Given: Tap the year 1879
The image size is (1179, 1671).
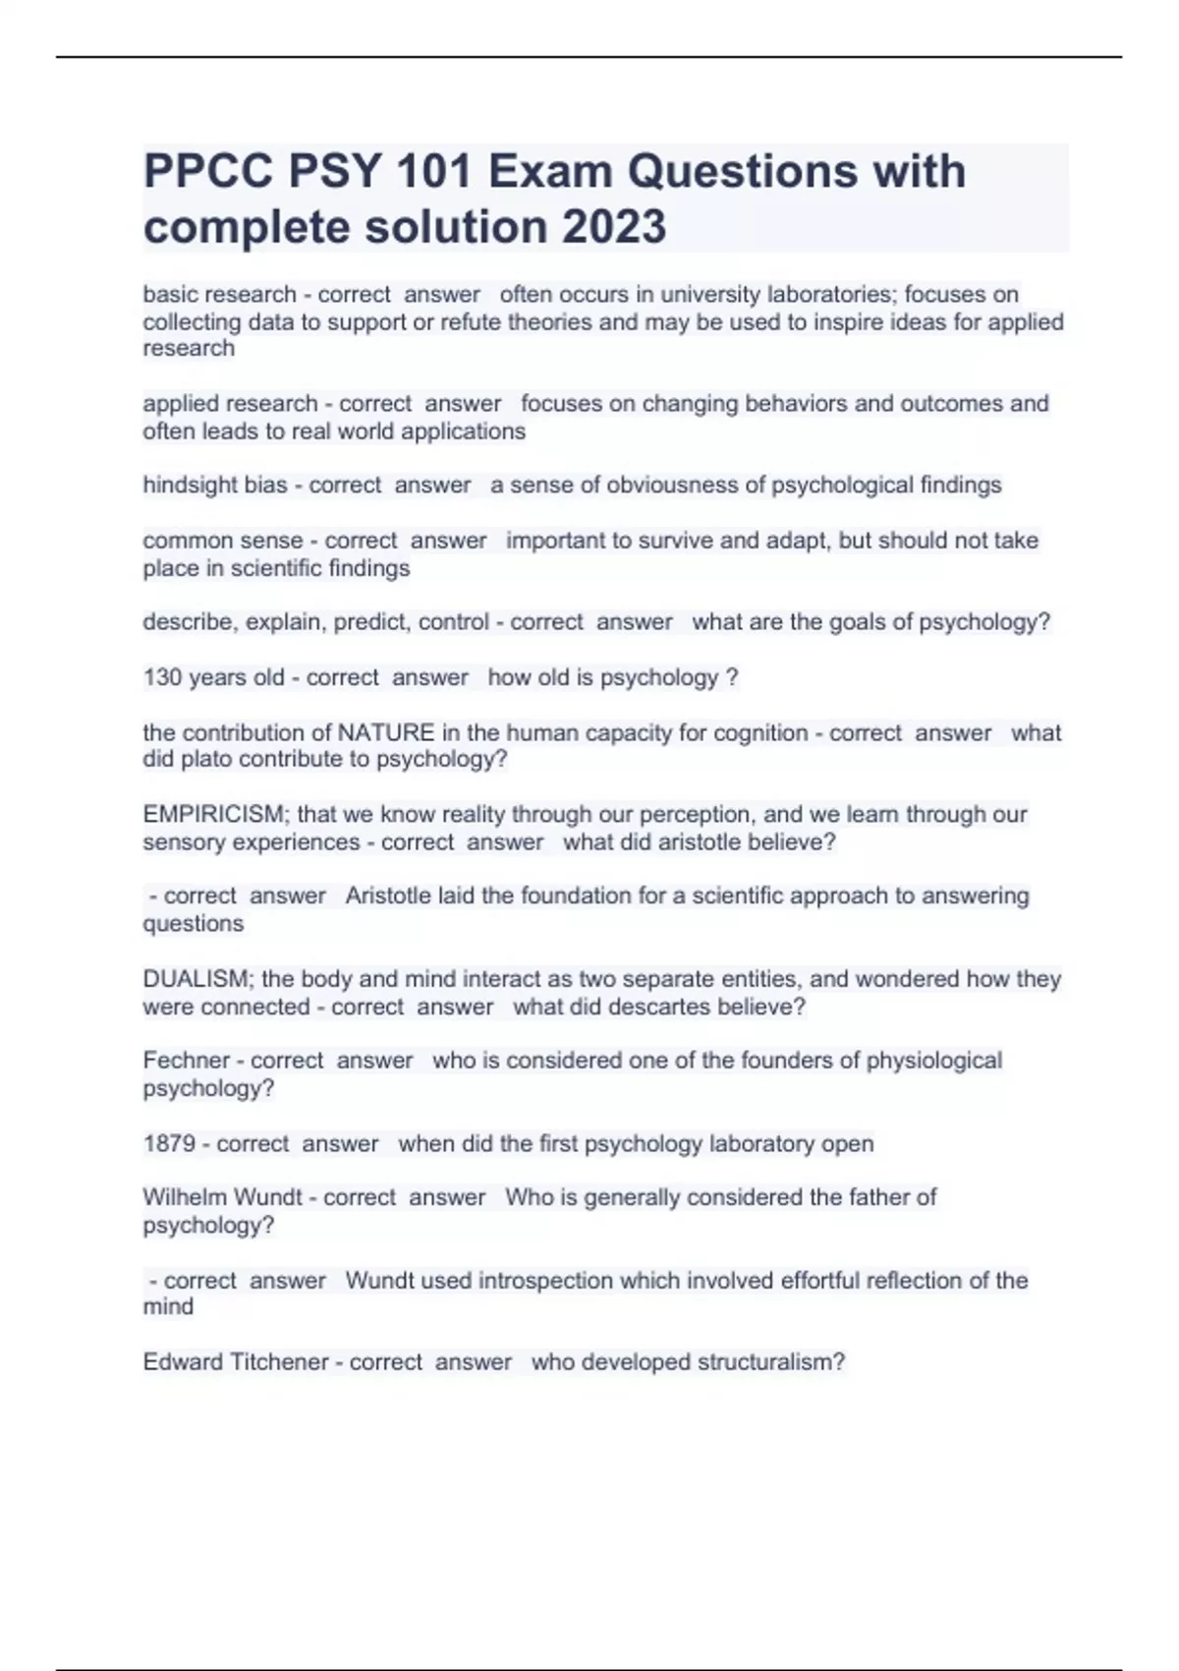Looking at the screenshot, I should tap(169, 1144).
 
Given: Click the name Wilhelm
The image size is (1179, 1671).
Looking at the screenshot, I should tap(185, 1197).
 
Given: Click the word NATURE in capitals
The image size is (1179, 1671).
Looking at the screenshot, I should tap(386, 733).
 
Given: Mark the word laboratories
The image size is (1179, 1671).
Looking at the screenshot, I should tap(833, 295).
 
